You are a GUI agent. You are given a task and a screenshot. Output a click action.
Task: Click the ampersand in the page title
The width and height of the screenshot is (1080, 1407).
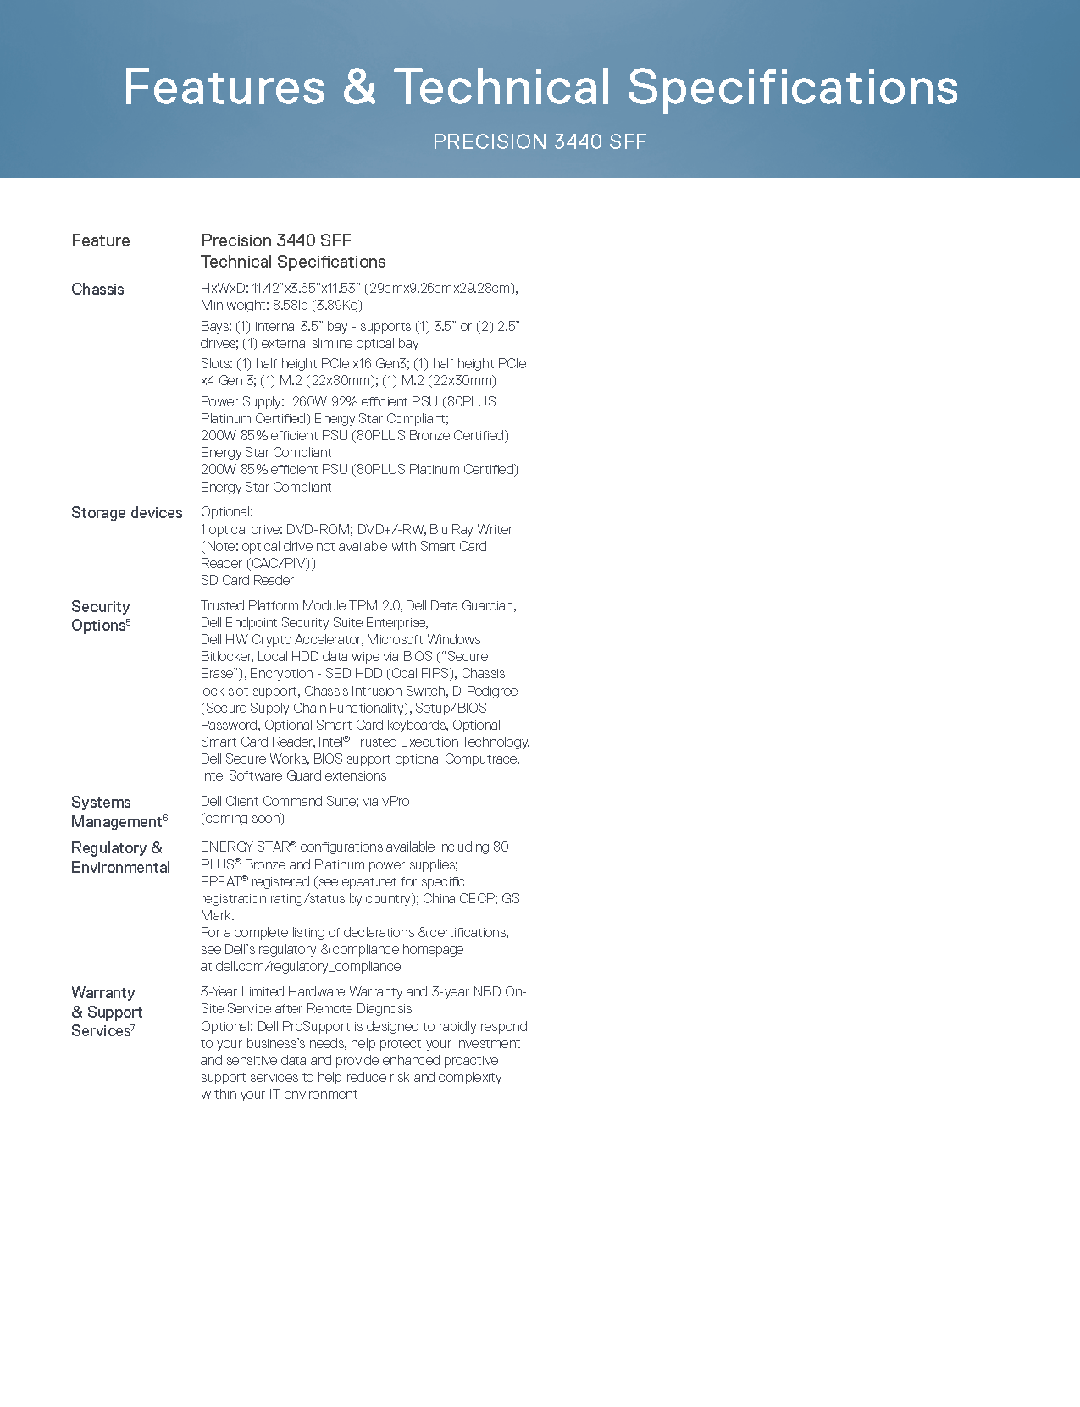359,87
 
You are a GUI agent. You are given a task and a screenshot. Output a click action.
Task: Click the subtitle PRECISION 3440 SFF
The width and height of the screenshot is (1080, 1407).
540,141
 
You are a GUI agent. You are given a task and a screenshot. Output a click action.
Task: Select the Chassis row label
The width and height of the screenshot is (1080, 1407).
97,290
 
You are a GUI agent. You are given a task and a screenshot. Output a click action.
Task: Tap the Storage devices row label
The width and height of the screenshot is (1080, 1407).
126,513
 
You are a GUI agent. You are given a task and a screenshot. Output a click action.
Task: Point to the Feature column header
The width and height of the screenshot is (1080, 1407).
101,240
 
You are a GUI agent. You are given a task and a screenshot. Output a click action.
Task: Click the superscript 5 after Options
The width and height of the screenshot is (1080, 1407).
129,621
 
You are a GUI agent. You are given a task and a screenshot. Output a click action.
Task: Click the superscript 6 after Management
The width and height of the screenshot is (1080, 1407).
166,818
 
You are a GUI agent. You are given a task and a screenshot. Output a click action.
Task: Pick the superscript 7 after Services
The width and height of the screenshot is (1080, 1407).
133,1027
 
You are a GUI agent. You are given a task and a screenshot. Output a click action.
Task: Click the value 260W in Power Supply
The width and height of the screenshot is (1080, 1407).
309,401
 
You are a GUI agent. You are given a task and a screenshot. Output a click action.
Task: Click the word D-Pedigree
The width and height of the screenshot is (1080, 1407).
485,691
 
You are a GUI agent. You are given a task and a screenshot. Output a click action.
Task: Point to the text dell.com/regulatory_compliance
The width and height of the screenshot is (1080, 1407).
308,967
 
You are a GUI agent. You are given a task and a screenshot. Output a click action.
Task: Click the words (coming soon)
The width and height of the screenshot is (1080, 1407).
243,819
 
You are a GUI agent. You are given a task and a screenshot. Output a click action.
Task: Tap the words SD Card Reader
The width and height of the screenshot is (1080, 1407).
247,581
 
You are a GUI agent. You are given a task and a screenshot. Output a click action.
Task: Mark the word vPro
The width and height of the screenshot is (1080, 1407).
396,801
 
